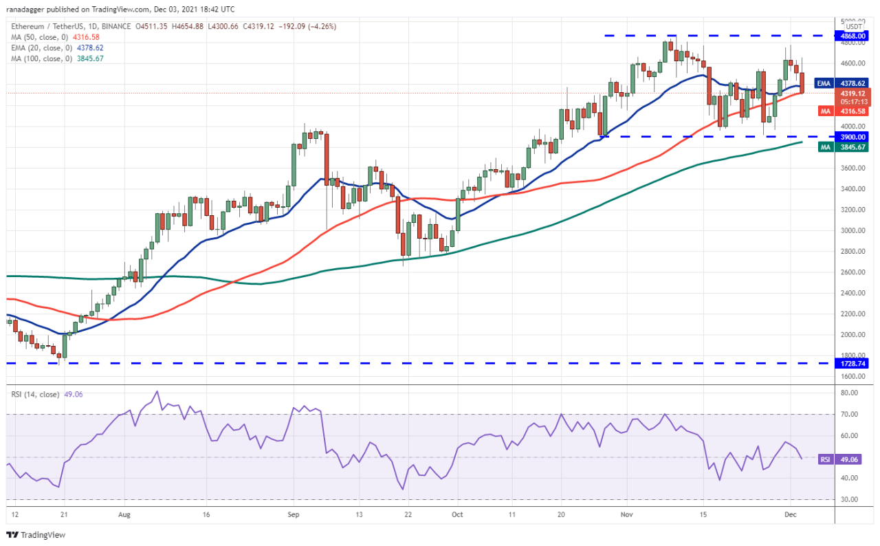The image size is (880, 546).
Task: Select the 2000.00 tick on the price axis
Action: click(850, 335)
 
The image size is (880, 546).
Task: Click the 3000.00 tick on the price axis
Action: click(850, 230)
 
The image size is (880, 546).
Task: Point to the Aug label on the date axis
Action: click(124, 514)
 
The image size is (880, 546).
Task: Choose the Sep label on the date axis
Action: click(294, 514)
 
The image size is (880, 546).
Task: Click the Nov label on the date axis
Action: click(626, 514)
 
